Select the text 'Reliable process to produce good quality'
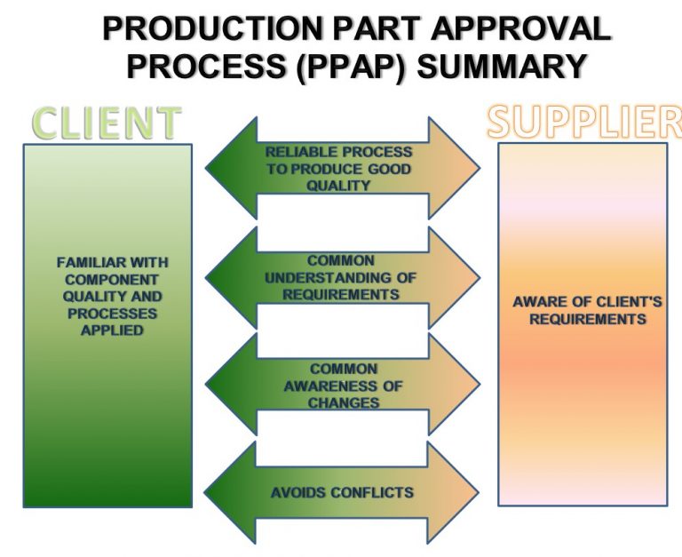338,169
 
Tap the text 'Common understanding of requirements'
340,277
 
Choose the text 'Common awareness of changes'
343,386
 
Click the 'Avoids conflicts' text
342,492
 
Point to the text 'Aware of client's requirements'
587,310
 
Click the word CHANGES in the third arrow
344,402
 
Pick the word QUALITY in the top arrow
338,186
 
